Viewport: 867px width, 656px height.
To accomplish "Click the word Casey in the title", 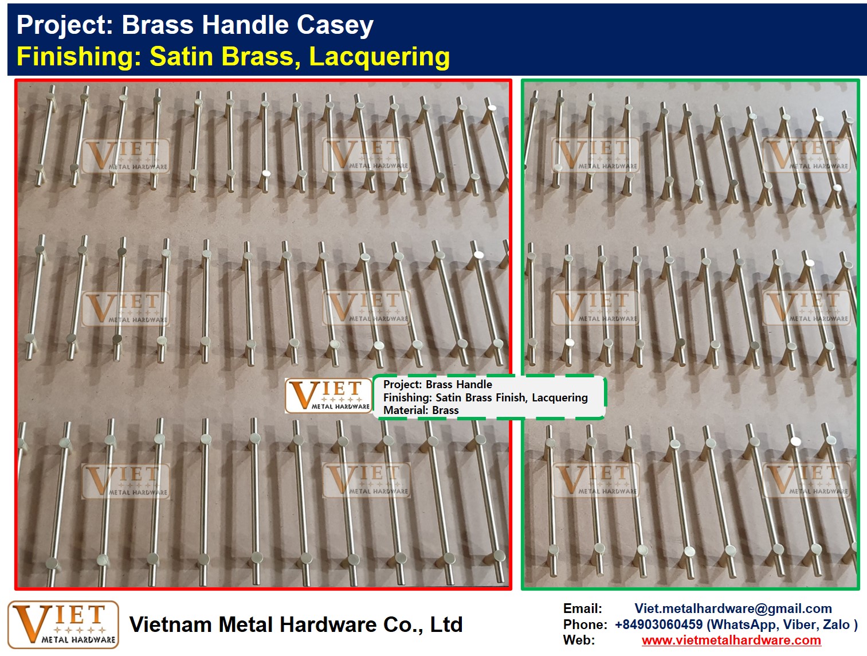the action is coord(335,25).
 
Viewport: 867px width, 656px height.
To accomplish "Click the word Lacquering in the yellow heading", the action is coord(379,57).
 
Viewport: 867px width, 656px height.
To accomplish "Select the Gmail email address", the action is coord(733,608).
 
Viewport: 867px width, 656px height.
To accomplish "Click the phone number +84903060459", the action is coord(659,624).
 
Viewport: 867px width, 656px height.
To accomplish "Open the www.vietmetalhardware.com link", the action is coord(732,640).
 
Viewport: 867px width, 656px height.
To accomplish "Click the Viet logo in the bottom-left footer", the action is coord(63,625).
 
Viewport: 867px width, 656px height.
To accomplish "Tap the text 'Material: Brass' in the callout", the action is coord(421,410).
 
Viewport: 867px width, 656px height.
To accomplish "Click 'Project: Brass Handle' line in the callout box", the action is coord(438,384).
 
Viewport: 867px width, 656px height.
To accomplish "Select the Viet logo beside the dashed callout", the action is coord(328,396).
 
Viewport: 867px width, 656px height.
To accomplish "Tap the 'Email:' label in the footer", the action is coord(583,608).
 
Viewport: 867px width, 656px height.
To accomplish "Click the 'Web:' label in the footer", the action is coord(579,640).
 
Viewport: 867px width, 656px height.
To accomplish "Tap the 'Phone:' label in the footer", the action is coord(586,624).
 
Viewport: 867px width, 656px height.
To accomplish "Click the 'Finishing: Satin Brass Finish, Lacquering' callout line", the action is coord(485,397).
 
